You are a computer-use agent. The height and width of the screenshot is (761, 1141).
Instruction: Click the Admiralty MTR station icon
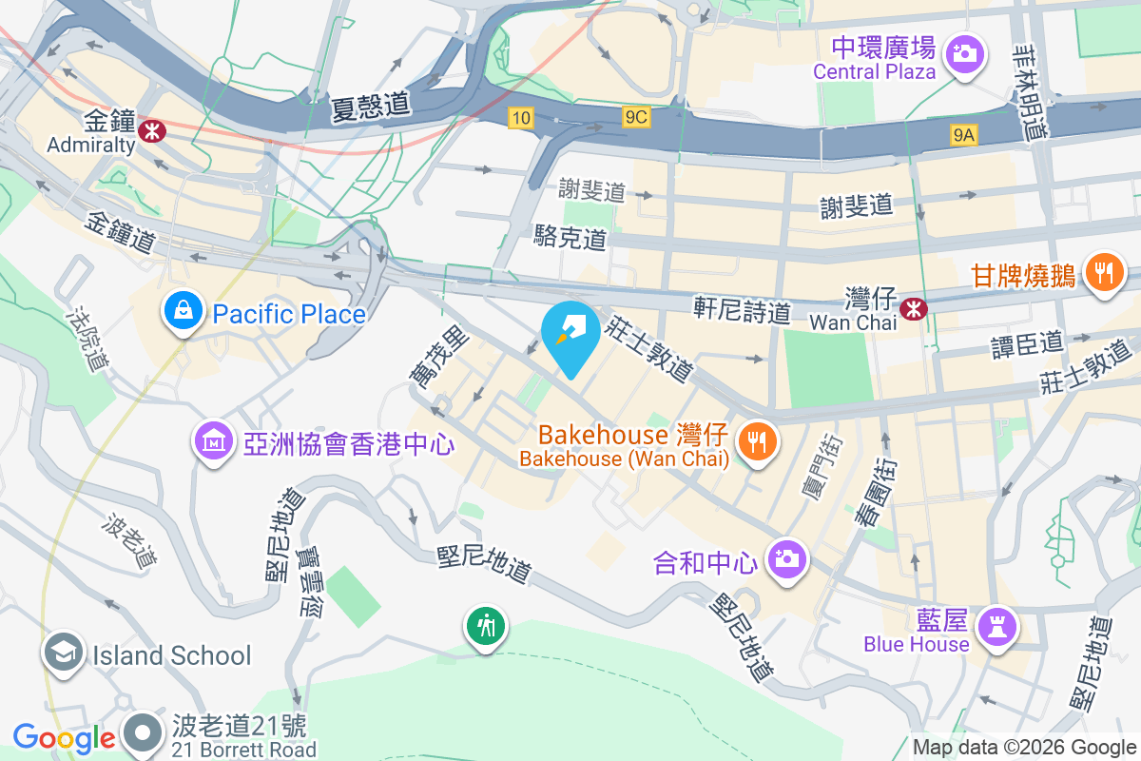pos(150,130)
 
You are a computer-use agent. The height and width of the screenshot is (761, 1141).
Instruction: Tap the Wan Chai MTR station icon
pos(914,308)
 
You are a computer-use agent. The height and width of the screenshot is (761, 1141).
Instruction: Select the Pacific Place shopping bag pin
pos(180,309)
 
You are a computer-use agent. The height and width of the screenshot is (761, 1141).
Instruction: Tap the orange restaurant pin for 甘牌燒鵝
pos(1103,272)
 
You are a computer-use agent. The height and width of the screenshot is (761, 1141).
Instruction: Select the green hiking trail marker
pos(486,626)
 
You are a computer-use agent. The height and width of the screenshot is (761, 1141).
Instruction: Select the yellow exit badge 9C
pos(636,117)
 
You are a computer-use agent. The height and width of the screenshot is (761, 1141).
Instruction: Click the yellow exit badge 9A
pos(964,136)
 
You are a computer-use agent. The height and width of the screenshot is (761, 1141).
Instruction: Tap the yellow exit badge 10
pos(519,118)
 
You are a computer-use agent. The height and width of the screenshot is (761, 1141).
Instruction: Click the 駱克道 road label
pos(570,238)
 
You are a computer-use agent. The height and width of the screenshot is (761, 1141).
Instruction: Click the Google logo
pos(64,737)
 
